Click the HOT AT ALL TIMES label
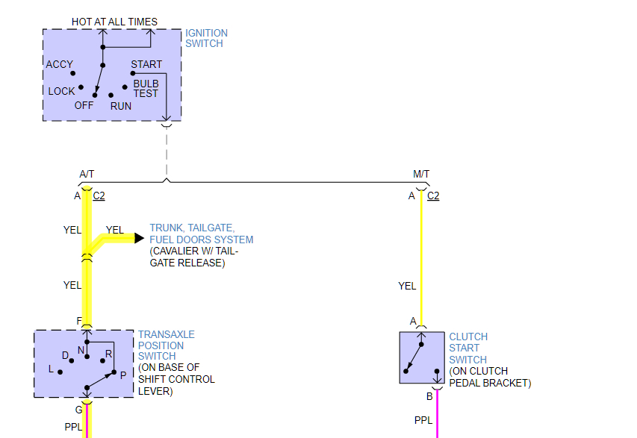(114, 22)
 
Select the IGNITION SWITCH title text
(206, 38)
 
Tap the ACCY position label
(60, 65)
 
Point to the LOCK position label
(61, 91)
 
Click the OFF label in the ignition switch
(84, 106)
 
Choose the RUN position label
(121, 106)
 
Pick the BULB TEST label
(146, 89)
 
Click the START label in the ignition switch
(146, 65)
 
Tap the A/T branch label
(87, 175)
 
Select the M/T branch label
(421, 175)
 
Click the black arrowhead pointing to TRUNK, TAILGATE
(139, 239)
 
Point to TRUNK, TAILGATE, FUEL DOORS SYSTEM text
(201, 234)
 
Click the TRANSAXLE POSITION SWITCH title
(161, 345)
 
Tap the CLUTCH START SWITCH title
(468, 348)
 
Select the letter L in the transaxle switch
(51, 369)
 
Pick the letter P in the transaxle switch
(122, 376)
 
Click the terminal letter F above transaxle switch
(78, 322)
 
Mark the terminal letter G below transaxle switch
(78, 410)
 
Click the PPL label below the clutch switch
(423, 421)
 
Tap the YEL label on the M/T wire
(407, 286)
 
